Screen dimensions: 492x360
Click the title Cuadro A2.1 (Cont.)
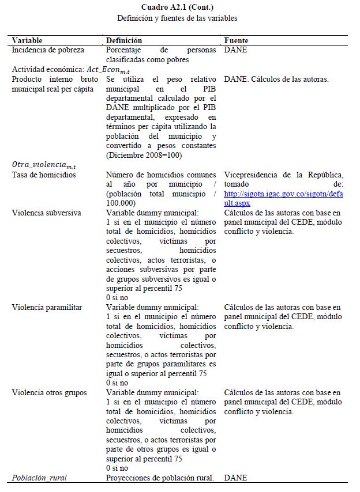click(177, 7)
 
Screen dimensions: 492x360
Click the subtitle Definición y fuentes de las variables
click(177, 18)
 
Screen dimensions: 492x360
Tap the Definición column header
click(124, 41)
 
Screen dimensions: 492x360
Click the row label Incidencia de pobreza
click(48, 51)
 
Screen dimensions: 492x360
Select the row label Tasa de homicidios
click(44, 175)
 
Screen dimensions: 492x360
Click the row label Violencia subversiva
click(47, 213)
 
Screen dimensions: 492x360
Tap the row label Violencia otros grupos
click(49, 393)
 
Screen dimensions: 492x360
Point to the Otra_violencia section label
click(40, 165)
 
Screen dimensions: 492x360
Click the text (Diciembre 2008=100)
click(144, 155)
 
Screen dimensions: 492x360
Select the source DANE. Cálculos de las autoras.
click(276, 80)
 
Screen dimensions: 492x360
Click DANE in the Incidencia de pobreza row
click(235, 51)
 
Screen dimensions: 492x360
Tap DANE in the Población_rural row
click(235, 478)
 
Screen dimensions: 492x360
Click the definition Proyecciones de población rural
click(160, 478)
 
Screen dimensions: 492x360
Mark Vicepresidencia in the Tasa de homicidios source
click(250, 175)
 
